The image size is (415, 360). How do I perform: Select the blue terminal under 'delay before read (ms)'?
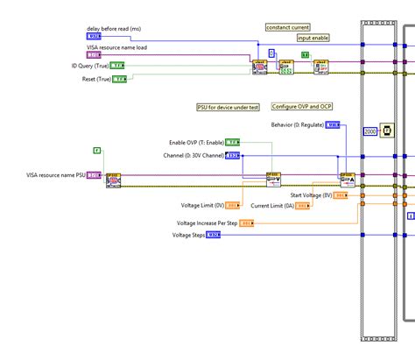pos(95,36)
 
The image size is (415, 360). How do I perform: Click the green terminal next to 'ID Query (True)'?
pos(117,66)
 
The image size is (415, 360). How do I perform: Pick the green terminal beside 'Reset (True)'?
pos(119,79)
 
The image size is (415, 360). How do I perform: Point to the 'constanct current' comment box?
pos(288,27)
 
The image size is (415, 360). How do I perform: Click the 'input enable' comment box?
pos(313,38)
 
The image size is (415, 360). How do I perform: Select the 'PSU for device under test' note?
pos(227,107)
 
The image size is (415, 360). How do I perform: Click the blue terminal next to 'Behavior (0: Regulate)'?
pos(333,125)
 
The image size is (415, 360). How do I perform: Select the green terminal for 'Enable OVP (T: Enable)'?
pos(233,142)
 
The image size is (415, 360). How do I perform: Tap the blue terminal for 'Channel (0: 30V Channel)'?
pos(233,155)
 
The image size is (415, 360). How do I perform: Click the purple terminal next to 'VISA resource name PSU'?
pos(93,176)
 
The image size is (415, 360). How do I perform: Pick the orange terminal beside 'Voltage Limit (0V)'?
pos(233,205)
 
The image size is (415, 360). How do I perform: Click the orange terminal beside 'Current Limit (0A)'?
pos(301,205)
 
